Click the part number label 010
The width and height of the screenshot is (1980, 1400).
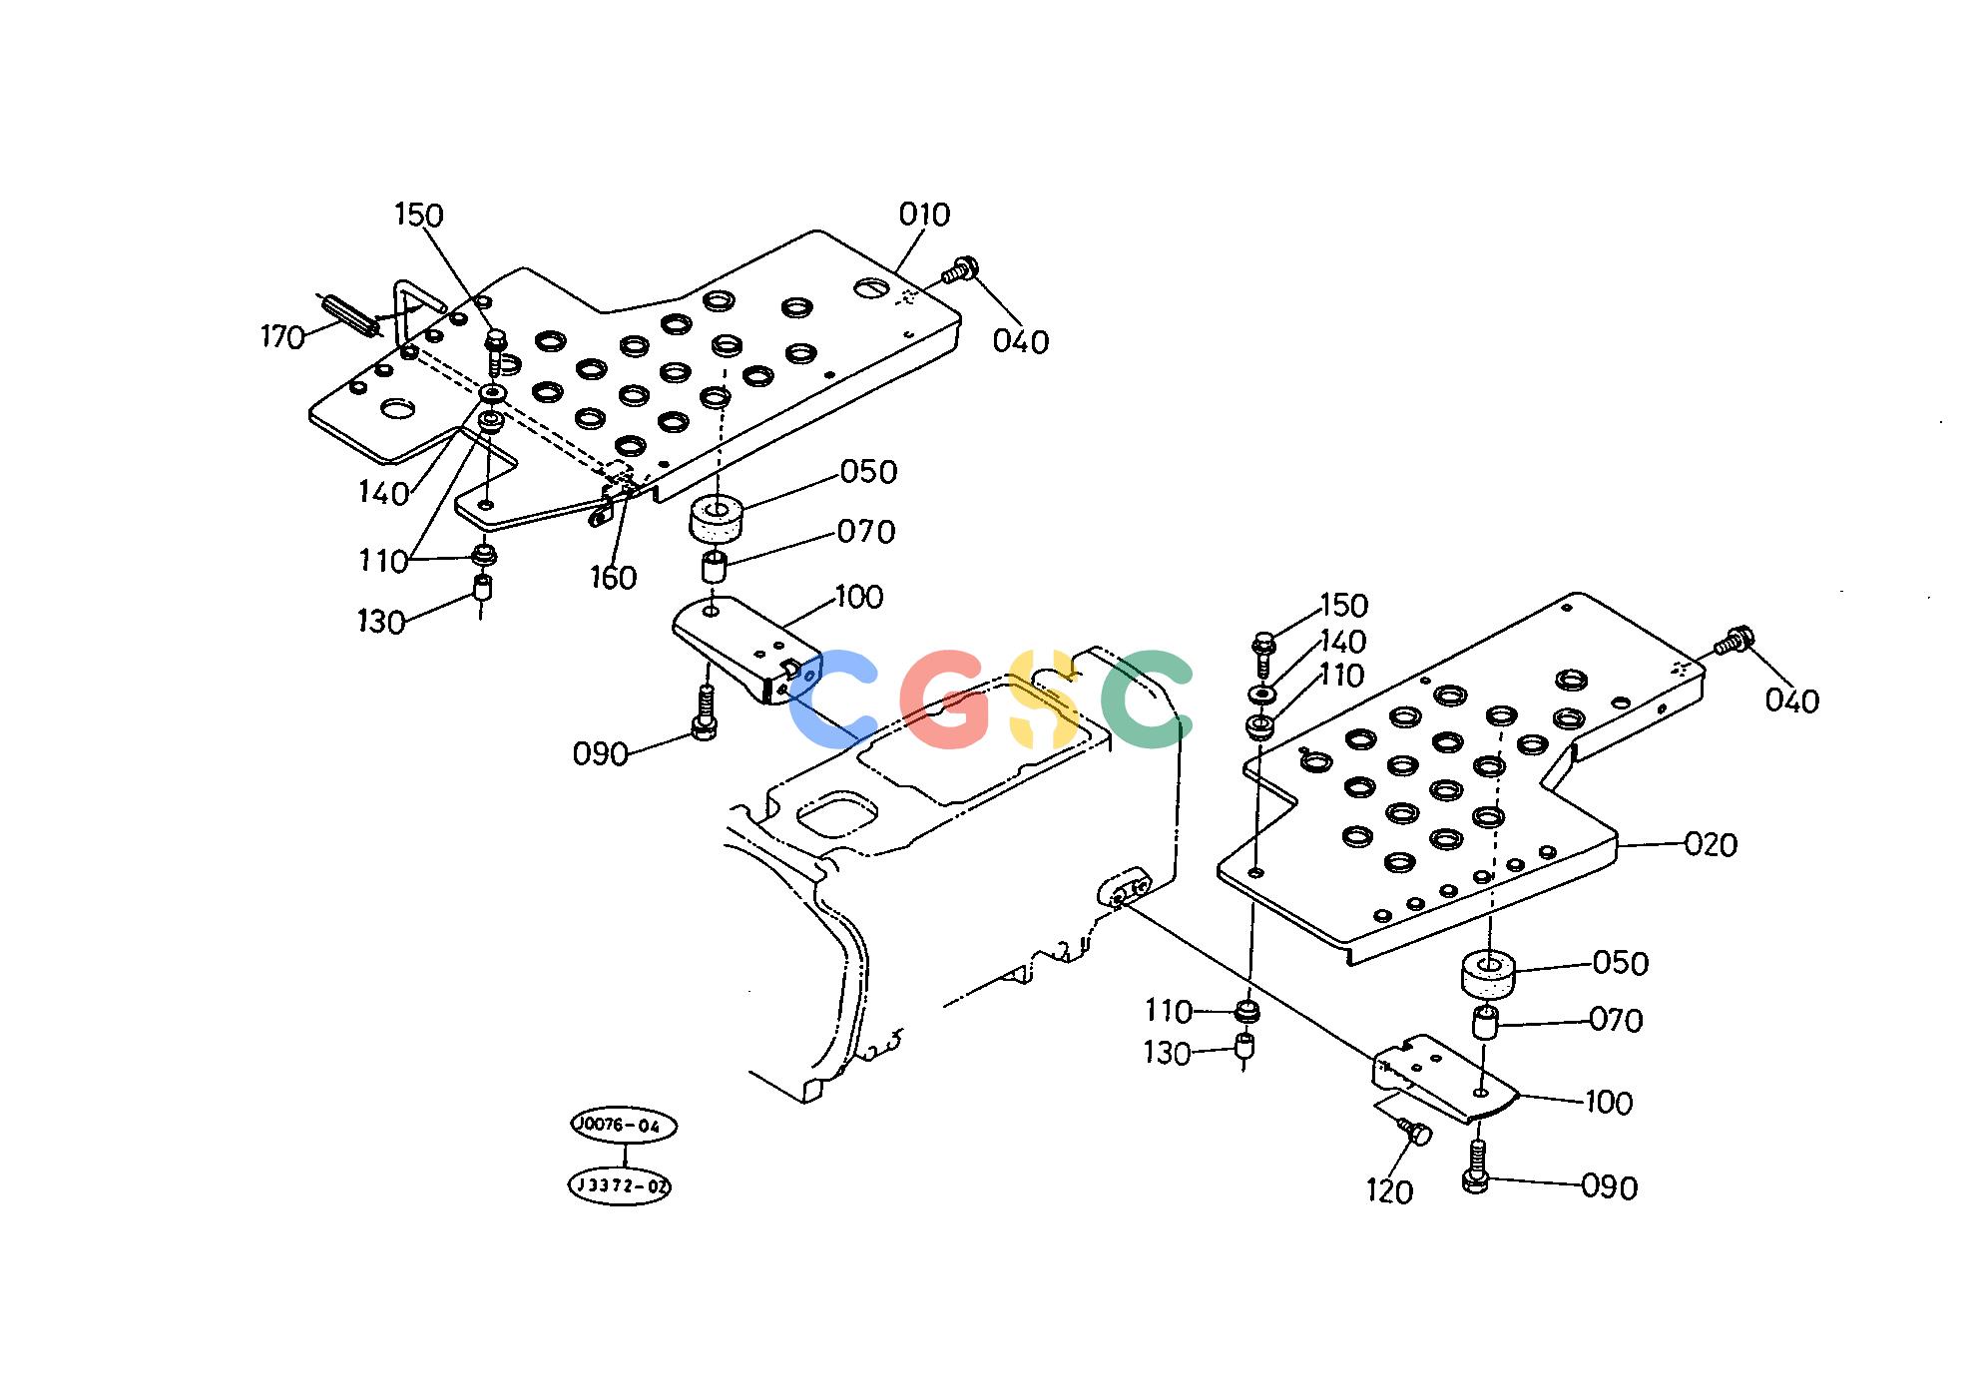coord(924,215)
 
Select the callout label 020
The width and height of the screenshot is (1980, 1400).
coord(1711,845)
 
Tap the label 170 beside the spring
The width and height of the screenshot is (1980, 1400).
coord(282,337)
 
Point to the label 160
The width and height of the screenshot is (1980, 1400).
coord(613,578)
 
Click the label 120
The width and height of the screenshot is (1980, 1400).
coord(1389,1191)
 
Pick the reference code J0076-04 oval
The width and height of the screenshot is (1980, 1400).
coord(624,1126)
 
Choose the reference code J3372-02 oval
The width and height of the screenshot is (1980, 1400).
coord(620,1185)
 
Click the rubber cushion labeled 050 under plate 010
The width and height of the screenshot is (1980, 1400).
coord(717,516)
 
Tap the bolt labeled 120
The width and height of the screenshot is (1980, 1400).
coord(1415,1132)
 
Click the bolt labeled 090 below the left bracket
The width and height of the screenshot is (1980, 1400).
coord(705,713)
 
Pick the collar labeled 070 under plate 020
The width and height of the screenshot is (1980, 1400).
coord(1486,1023)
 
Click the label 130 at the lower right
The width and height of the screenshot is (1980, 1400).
coord(1167,1054)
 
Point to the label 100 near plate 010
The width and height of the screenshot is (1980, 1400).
coord(859,598)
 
